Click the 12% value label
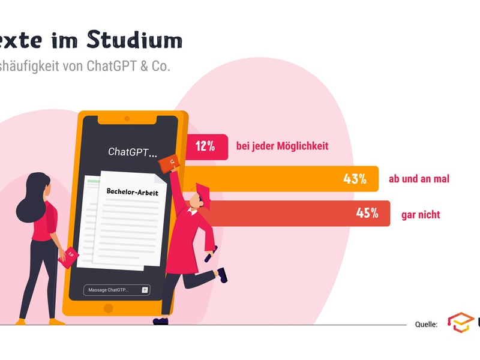(x=205, y=146)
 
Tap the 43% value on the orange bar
(x=355, y=179)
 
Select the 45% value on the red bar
(x=367, y=213)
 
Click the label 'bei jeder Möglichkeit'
(x=282, y=146)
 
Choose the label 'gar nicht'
(x=421, y=214)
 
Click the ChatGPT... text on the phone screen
(x=132, y=152)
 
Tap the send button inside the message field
(x=145, y=290)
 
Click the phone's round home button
(x=109, y=308)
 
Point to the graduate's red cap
(x=202, y=193)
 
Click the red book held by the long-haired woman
(x=69, y=256)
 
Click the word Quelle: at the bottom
(x=426, y=324)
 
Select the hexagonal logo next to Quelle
(x=460, y=322)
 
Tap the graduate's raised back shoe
(x=222, y=275)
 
